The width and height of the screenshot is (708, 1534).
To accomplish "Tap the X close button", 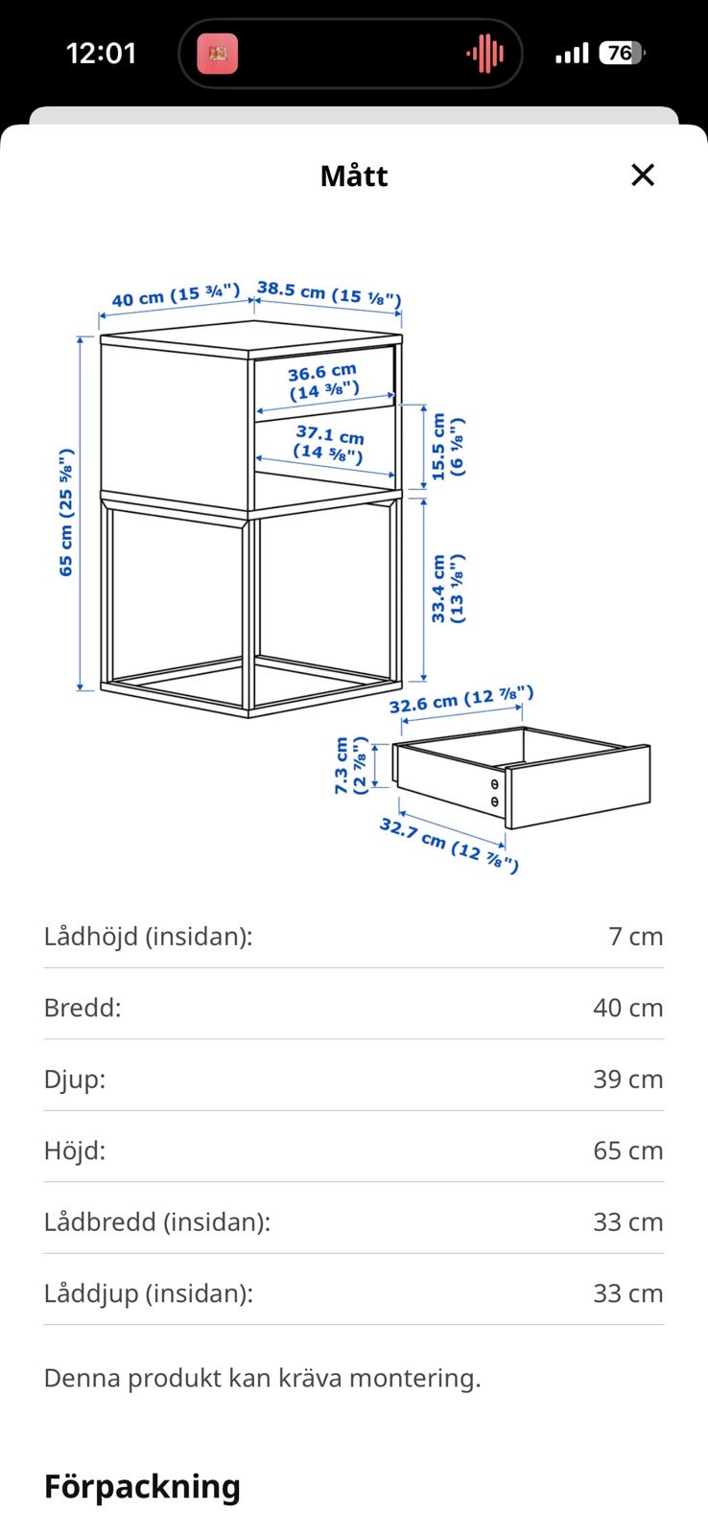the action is coord(642,174).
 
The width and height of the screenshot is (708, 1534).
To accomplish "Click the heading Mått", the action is coord(354,176).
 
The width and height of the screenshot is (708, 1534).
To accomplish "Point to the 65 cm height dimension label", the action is coord(66,512).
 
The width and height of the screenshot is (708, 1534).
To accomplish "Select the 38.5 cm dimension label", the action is coord(329,293).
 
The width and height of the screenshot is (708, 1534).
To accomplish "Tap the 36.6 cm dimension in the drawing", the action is coord(322,382).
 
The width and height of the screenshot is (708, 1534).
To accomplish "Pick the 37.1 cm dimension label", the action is coord(329,443).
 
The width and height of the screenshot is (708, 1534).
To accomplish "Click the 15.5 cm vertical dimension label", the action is coord(448,446).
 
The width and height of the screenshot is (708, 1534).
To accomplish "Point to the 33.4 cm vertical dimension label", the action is coord(448,589).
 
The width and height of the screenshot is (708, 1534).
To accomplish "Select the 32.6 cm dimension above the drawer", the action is coord(461,699).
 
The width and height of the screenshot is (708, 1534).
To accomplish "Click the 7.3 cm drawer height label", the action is coord(351,766).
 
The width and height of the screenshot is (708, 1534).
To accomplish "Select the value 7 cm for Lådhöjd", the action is coord(635,936).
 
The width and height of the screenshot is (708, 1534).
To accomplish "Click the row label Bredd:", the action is coord(83,1008).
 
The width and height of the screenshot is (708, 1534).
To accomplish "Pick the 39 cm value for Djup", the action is coord(627,1080).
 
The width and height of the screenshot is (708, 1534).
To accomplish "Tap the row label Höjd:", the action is coord(75,1150).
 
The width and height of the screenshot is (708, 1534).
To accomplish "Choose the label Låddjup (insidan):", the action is coord(149,1293).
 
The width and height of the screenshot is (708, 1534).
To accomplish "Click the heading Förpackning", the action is coord(142,1487).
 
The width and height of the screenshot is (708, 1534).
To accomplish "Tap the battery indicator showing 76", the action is coord(622,53).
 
